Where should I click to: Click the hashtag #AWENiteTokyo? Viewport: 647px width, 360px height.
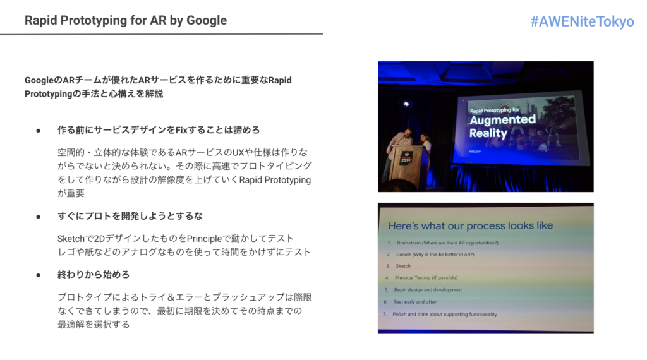coord(582,21)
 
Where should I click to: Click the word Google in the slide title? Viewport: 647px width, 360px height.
coord(207,21)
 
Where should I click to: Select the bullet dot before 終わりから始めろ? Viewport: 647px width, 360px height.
coord(39,275)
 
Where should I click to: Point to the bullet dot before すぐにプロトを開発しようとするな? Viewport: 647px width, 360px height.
coord(39,217)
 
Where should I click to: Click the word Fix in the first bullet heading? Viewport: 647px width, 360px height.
coord(181,130)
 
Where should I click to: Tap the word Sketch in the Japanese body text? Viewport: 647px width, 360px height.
coord(71,239)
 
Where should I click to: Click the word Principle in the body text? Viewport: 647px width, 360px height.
coord(204,239)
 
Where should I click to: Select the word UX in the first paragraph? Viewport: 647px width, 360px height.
coord(238,153)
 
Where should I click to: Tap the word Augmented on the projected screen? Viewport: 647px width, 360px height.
coord(502,120)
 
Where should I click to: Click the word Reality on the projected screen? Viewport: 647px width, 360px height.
coord(488,133)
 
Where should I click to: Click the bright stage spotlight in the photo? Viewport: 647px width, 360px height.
coord(406,104)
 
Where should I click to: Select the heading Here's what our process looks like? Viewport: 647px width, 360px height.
coord(470,225)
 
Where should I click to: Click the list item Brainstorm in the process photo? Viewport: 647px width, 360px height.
coord(447,243)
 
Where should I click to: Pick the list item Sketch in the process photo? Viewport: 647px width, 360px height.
coord(402,266)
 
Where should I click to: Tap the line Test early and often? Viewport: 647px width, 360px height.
coord(415,302)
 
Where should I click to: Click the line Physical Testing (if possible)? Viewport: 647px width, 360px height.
coord(426,277)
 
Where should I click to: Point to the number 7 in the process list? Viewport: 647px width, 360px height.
coord(385,314)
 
